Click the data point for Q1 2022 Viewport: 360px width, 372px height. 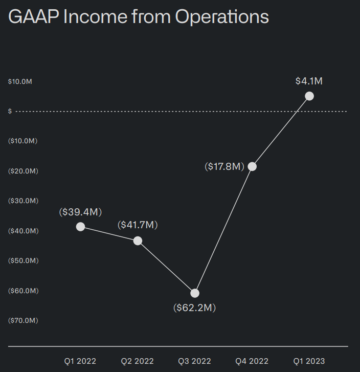tap(80, 227)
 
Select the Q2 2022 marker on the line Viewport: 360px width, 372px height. tap(138, 240)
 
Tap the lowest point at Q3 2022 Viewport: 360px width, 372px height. tap(195, 293)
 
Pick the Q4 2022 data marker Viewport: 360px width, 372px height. tap(252, 166)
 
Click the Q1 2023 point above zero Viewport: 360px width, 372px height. tap(309, 96)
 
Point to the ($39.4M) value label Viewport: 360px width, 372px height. tap(80, 211)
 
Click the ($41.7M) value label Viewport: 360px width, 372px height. tap(138, 225)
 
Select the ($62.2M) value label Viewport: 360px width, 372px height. tap(194, 308)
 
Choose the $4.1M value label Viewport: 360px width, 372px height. tap(309, 81)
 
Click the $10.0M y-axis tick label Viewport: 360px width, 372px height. tap(20, 82)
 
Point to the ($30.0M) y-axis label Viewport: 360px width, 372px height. tap(23, 201)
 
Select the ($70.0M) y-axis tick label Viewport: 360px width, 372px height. tap(23, 320)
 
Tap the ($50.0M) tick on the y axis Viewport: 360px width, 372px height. tap(23, 260)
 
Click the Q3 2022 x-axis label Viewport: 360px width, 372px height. tap(194, 361)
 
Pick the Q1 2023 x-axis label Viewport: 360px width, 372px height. tap(309, 361)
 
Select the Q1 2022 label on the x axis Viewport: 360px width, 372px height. tap(80, 361)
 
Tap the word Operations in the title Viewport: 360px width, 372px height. tap(221, 17)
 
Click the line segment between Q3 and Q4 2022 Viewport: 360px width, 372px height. tap(223, 230)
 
